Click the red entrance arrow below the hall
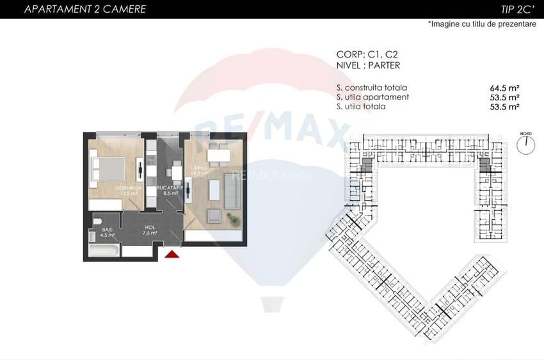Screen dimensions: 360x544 pyautogui.click(x=172, y=255)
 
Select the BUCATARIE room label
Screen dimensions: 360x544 pyautogui.click(x=170, y=190)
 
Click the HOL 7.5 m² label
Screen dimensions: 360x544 pyautogui.click(x=150, y=230)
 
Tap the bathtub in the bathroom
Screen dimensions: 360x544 pyautogui.click(x=103, y=251)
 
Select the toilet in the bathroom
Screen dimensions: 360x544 pyautogui.click(x=98, y=222)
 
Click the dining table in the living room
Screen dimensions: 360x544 pyautogui.click(x=218, y=155)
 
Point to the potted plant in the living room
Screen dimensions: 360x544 pyautogui.click(x=234, y=219)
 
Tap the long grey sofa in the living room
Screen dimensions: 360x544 pyautogui.click(x=216, y=192)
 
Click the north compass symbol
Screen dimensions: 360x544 pyautogui.click(x=526, y=143)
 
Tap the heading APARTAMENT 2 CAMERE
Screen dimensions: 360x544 pyautogui.click(x=76, y=9)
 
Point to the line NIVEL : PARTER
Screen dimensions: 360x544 pyautogui.click(x=368, y=65)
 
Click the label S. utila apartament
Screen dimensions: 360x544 pyautogui.click(x=372, y=97)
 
